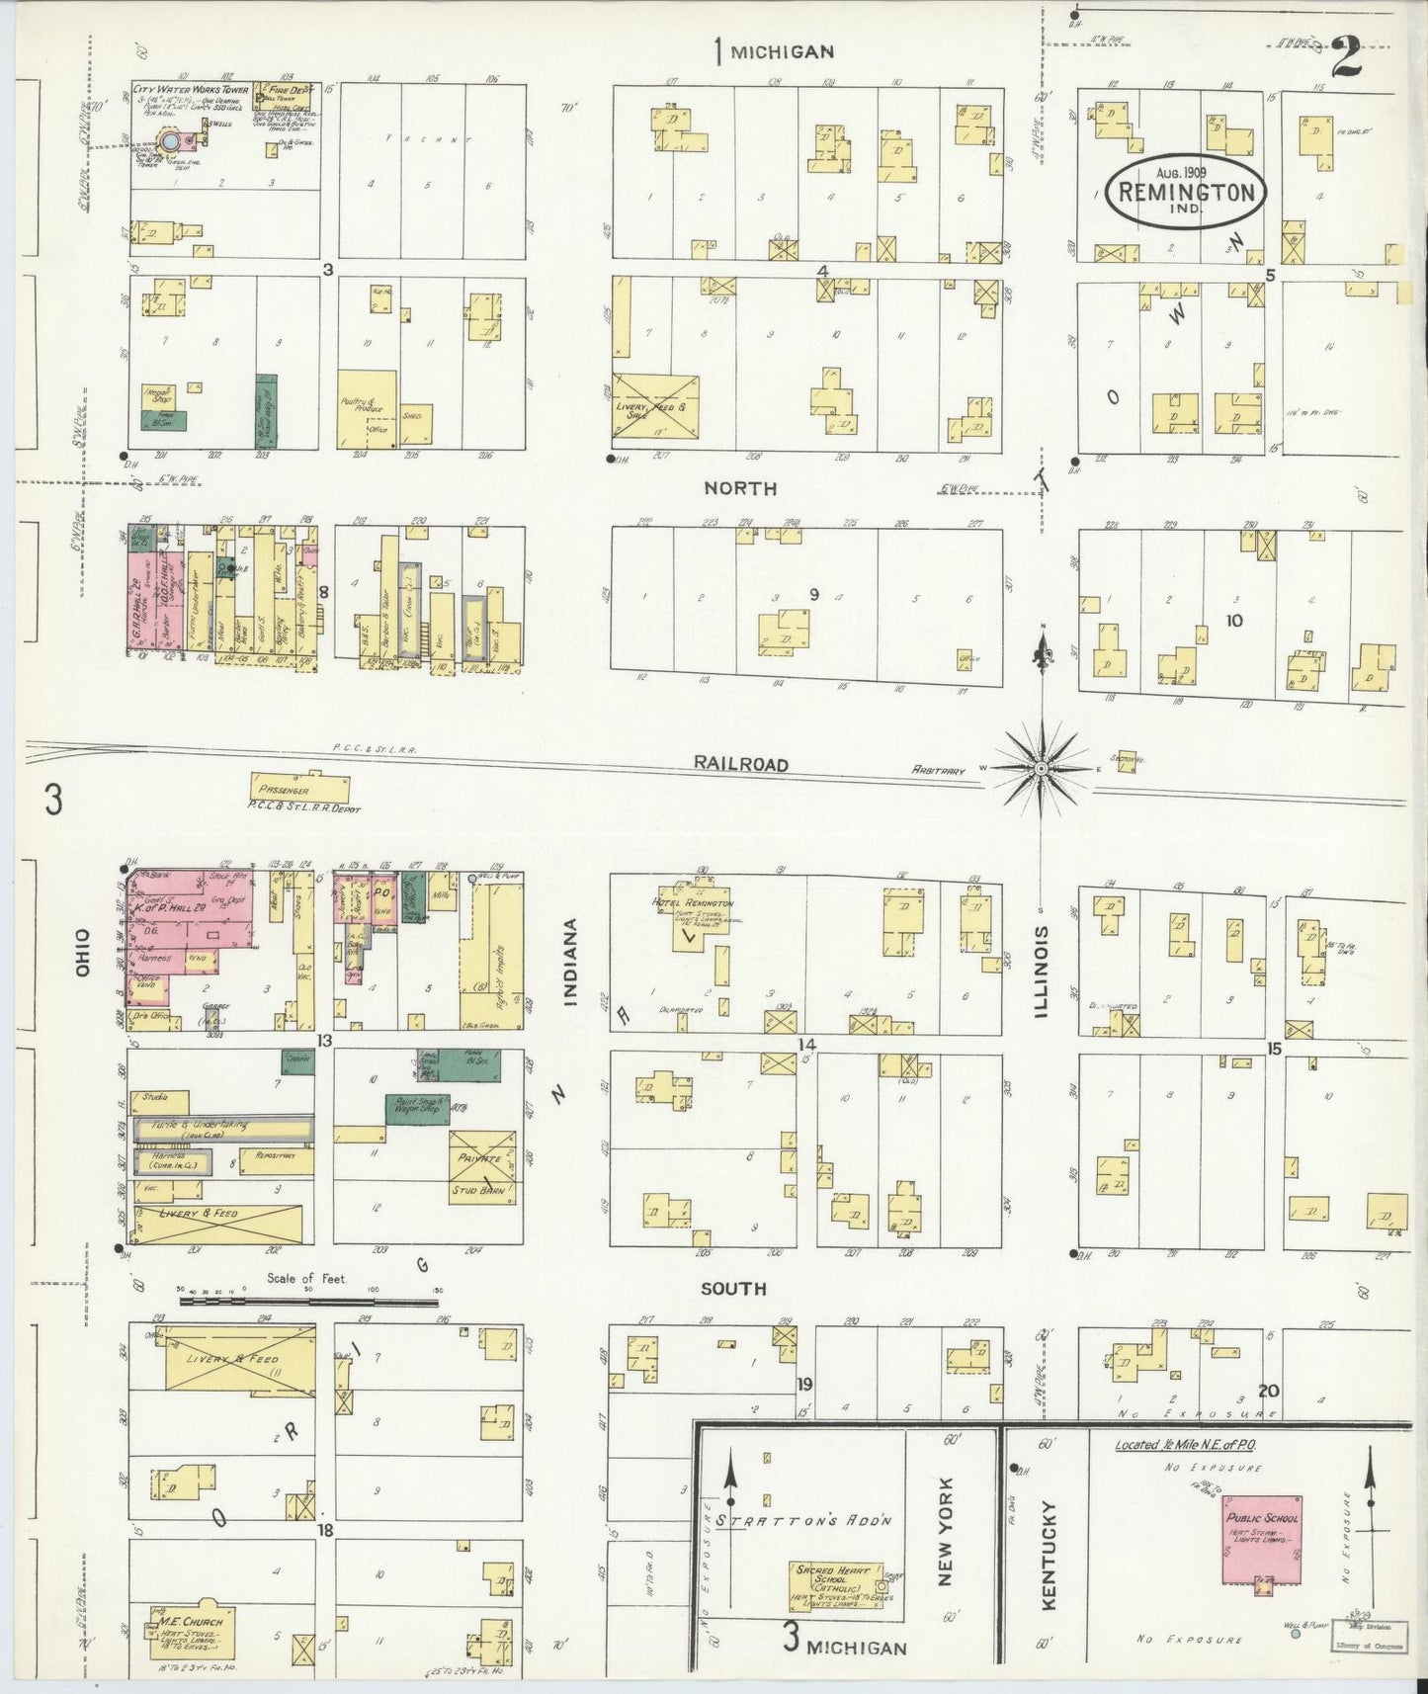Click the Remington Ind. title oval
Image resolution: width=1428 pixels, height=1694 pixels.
(x=1186, y=192)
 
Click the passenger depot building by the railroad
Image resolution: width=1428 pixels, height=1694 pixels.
(x=300, y=789)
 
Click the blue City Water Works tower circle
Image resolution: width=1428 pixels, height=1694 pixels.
(x=171, y=142)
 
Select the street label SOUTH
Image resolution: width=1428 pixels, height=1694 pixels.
(x=732, y=1288)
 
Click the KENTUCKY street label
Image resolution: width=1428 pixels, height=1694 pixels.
(x=1049, y=1568)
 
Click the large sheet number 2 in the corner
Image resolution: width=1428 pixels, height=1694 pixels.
(x=1346, y=57)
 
